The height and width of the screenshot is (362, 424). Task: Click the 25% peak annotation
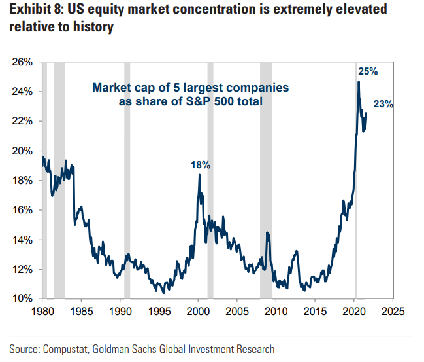click(x=367, y=71)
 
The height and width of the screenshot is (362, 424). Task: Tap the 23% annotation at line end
click(x=383, y=104)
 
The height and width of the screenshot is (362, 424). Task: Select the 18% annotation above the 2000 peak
click(x=201, y=166)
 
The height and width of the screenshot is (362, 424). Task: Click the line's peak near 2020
click(x=358, y=82)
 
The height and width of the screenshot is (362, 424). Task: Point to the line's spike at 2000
click(x=199, y=175)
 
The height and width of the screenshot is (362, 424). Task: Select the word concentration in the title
click(x=235, y=10)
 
